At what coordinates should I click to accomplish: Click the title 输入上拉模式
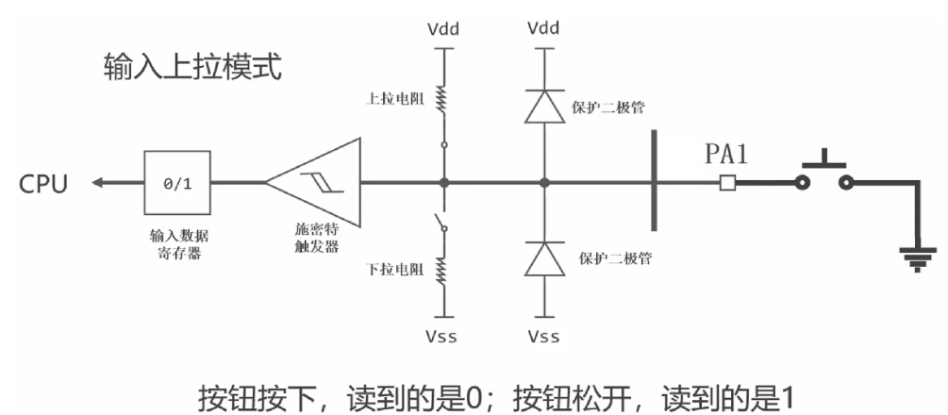click(x=191, y=68)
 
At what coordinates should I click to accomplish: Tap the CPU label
click(x=43, y=183)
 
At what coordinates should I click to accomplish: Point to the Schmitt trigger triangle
click(x=316, y=183)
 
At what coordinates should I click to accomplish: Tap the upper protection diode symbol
click(x=542, y=107)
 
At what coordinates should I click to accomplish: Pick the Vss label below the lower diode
click(x=542, y=337)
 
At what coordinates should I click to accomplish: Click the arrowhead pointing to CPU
click(x=98, y=183)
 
